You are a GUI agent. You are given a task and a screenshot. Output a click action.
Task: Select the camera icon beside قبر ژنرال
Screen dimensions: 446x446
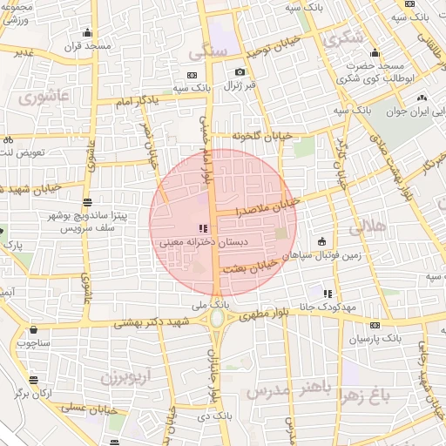pos(240,72)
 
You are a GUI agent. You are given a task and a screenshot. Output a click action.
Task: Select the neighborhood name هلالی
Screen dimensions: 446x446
pos(368,228)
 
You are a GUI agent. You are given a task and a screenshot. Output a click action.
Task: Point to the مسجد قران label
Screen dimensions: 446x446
pos(86,45)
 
